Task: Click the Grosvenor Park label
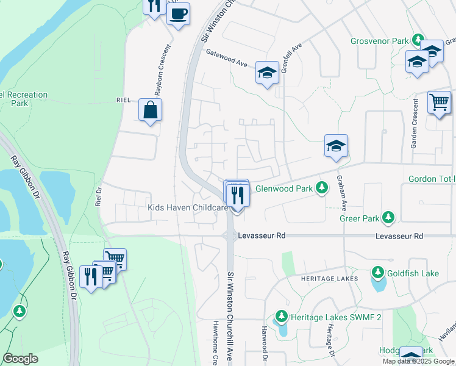pos(379,41)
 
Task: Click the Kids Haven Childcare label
pos(188,208)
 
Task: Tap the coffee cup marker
pos(178,13)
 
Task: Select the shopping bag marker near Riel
pos(150,110)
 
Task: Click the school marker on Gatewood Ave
pos(266,73)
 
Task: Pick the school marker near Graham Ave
pos(335,146)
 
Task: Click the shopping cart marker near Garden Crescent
pos(439,102)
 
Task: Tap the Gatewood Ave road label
pos(226,57)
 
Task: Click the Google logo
pos(20,359)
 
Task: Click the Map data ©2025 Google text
pos(418,361)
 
